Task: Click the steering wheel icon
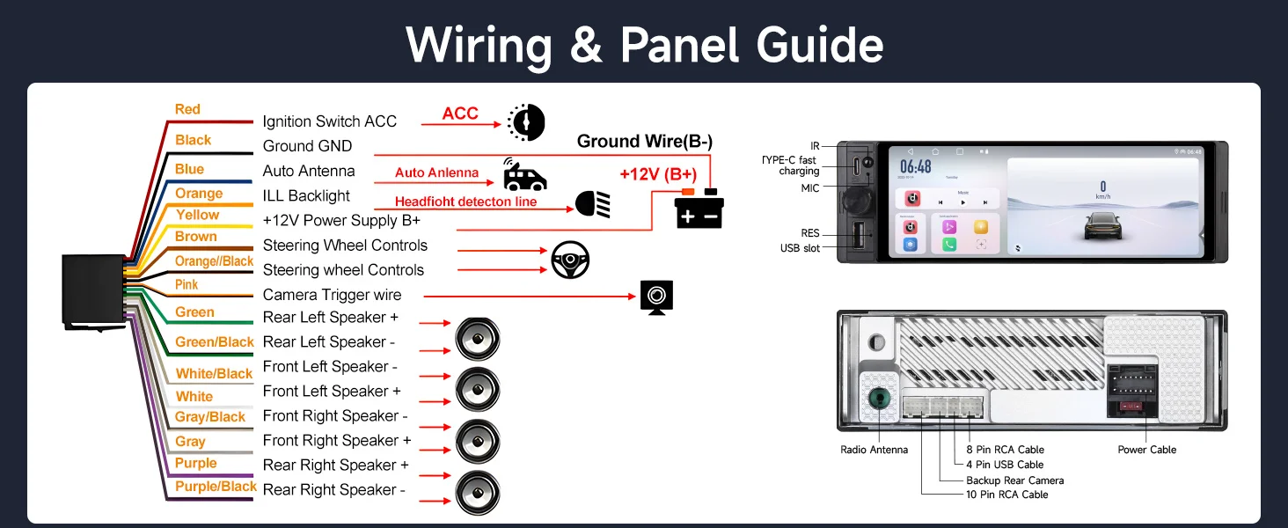pos(570,260)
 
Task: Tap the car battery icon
pos(699,209)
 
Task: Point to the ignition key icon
pos(526,121)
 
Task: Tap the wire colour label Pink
pos(187,285)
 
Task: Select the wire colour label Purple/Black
pos(216,487)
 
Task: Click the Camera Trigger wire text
pos(332,295)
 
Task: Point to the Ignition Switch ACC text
pos(329,121)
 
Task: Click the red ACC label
pos(460,114)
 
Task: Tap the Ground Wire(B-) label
pos(645,142)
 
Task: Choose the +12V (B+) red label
pos(658,174)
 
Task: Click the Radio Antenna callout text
pos(874,450)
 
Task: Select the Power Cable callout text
pos(1146,450)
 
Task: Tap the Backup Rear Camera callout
pos(1014,480)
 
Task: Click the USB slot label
pos(799,249)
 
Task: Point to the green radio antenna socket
pos(879,399)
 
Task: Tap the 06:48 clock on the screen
pos(916,167)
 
